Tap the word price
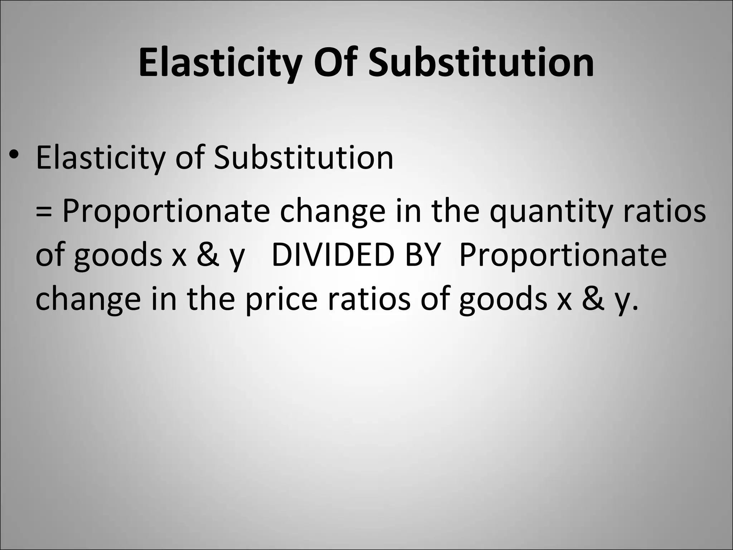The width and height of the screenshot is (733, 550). pyautogui.click(x=281, y=300)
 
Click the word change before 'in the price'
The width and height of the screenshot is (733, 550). pyautogui.click(x=88, y=300)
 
